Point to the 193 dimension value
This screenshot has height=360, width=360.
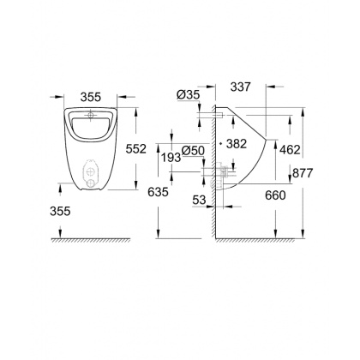171,159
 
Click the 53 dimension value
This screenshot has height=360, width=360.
199,199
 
